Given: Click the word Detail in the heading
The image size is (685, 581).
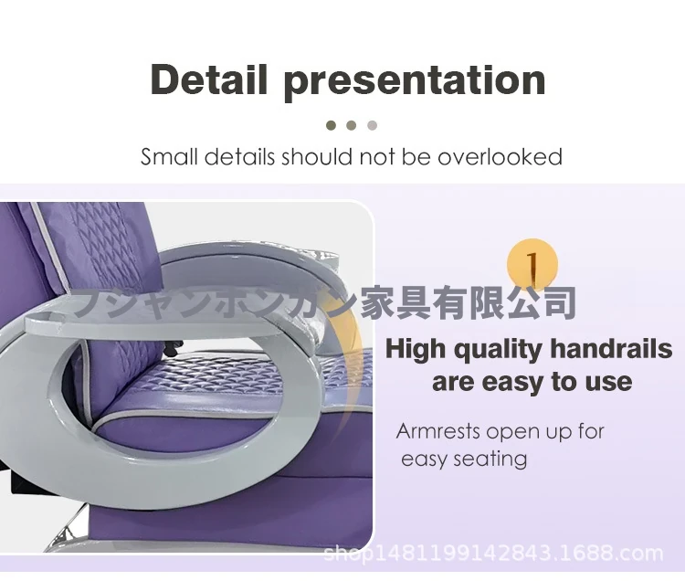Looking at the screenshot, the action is coord(208,79).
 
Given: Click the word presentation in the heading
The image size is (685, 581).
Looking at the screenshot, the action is coord(415,83).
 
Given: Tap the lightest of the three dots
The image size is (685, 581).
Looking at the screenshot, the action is coord(373,126).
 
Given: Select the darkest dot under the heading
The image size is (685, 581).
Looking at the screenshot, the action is coord(332,126).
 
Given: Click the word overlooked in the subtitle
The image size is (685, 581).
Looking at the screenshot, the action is coord(500,157).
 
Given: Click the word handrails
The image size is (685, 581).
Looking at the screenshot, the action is coord(611,349).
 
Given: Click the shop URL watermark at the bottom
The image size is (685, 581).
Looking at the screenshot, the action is coord(493,554).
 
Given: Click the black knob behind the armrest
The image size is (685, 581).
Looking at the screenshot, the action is coord(173,348).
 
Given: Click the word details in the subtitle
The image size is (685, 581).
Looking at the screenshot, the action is coord(239,157).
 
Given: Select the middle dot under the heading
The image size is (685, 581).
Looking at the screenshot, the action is coord(352,126).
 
